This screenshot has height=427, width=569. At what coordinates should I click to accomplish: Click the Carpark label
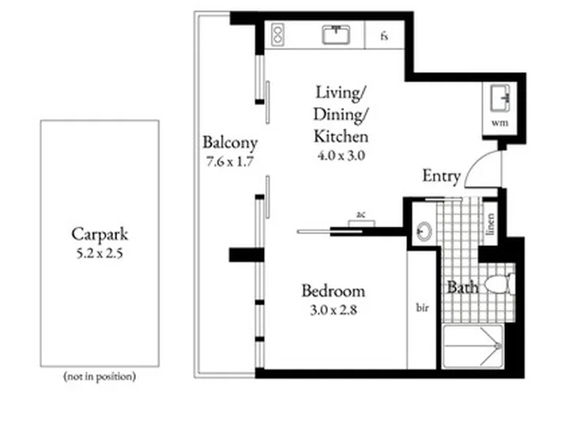[x=100, y=234]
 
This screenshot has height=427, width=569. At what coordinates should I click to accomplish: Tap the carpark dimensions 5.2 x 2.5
[x=100, y=253]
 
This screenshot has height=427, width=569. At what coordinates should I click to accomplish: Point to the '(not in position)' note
[x=100, y=376]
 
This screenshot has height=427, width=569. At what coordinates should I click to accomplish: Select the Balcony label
[x=230, y=142]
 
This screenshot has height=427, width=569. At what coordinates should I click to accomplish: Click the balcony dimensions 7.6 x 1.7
[x=229, y=161]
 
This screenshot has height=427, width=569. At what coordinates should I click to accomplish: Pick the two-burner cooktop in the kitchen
[x=278, y=35]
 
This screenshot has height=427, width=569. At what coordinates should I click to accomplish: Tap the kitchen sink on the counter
[x=337, y=35]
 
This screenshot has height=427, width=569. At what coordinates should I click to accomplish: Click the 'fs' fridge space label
[x=384, y=36]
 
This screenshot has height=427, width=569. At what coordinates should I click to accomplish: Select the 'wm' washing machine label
[x=499, y=123]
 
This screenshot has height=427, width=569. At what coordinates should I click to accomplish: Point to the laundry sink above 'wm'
[x=500, y=98]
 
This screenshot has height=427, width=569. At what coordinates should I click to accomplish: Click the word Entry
[x=442, y=176]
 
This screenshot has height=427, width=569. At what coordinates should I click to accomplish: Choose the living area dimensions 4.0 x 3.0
[x=341, y=156]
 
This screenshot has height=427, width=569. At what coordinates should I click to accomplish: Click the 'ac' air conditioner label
[x=360, y=215]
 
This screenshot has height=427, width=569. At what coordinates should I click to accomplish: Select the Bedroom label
[x=333, y=291]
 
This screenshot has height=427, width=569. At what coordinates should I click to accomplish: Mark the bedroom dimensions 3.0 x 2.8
[x=333, y=310]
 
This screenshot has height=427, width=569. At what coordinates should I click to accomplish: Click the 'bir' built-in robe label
[x=422, y=308]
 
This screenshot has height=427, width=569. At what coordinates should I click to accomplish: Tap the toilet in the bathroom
[x=499, y=284]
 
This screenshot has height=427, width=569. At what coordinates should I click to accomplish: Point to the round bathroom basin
[x=424, y=231]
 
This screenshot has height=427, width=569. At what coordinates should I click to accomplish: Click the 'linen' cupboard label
[x=490, y=224]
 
